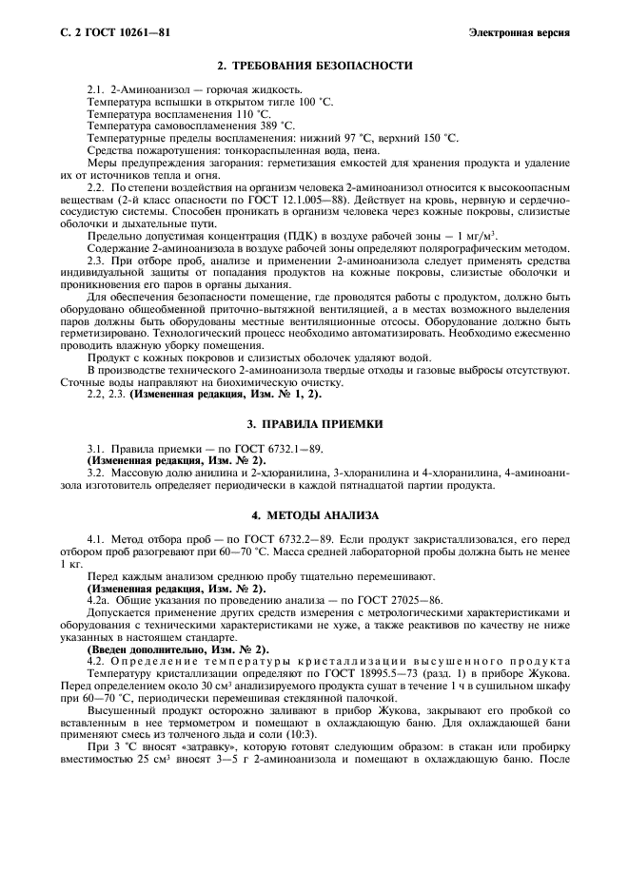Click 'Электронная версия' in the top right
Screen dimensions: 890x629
520,33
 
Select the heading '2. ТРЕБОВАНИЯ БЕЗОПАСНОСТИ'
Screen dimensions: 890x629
314,66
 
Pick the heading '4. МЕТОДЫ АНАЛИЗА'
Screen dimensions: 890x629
314,515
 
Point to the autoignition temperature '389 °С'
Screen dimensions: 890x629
277,126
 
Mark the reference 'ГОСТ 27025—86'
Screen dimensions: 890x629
398,601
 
